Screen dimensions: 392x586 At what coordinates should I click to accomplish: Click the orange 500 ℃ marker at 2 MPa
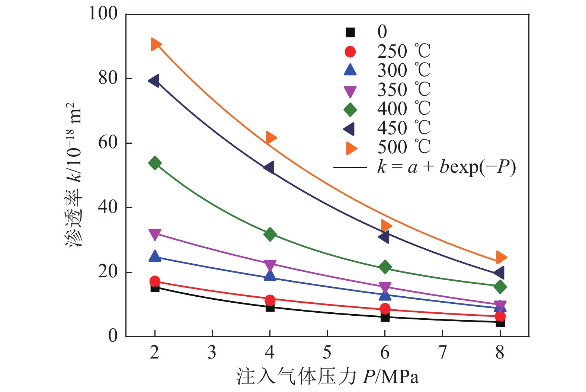155,44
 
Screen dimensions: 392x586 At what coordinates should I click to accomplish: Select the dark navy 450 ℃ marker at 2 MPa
154,81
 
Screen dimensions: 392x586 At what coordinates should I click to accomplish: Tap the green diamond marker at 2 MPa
155,163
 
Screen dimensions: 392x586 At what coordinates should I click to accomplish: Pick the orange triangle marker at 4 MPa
270,138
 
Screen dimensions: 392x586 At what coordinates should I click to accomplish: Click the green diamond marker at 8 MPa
500,287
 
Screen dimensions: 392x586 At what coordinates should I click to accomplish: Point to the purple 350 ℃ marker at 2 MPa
155,234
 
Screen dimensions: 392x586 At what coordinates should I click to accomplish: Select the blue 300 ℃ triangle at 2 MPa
155,256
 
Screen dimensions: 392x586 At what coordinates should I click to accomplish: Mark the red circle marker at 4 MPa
270,300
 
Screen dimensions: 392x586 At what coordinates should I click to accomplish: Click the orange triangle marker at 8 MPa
501,257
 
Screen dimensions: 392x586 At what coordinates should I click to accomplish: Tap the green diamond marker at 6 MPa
385,267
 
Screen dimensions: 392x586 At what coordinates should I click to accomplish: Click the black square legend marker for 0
350,32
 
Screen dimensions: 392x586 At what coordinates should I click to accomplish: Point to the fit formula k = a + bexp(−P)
446,167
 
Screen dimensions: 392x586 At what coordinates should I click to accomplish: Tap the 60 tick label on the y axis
108,143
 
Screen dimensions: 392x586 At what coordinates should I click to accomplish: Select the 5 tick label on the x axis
327,352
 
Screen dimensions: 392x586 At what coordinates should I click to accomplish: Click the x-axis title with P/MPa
327,377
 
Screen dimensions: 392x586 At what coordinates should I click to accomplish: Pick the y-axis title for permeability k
74,175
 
